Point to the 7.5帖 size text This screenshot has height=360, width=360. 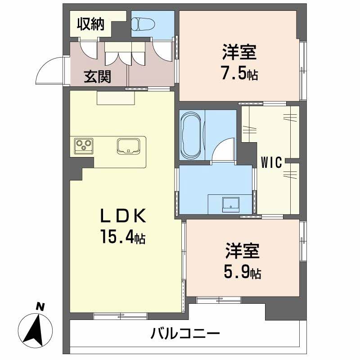pyautogui.click(x=239, y=74)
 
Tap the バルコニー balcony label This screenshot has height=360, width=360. pyautogui.click(x=185, y=334)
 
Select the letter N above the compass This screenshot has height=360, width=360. pyautogui.click(x=40, y=307)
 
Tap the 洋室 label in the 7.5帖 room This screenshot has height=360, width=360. pyautogui.click(x=239, y=53)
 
